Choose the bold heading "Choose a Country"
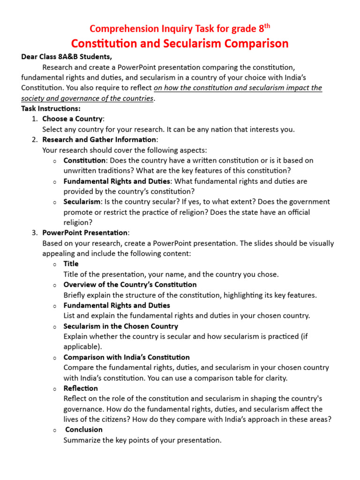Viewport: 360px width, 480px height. [72, 119]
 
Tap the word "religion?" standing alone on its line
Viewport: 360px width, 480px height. [78, 223]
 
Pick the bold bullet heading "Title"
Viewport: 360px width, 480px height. [71, 264]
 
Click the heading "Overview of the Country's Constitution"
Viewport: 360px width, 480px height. [130, 285]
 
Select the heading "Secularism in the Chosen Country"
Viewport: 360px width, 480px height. [120, 326]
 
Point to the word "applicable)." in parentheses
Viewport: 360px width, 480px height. [82, 347]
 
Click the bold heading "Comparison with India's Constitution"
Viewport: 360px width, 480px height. [126, 357]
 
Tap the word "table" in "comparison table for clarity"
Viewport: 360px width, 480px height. [248, 378]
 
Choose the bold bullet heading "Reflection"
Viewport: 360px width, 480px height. [80, 388]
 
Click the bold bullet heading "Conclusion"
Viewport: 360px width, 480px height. [83, 429]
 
